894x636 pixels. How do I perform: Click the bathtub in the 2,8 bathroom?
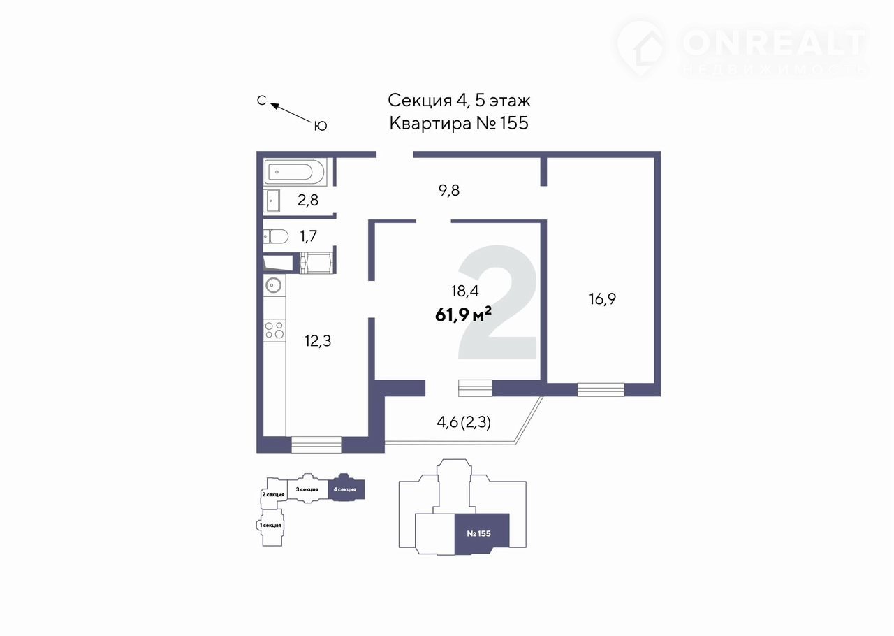pos(294,171)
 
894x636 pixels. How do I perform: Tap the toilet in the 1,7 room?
pos(276,236)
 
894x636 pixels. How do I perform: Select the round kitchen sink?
pos(274,284)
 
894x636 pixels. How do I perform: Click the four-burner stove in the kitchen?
pos(274,329)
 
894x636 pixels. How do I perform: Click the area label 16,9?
pos(603,299)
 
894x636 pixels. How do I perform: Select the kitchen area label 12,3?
pos(318,341)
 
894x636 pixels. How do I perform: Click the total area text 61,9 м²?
pos(463,315)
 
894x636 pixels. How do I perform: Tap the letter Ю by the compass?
pos(321,126)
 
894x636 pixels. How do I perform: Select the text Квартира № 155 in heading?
pos(458,124)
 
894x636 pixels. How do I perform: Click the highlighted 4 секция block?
pos(346,489)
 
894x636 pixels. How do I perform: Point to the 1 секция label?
pos(270,525)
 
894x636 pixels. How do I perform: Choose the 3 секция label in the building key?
pos(307,489)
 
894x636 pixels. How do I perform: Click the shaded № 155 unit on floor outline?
pos(481,533)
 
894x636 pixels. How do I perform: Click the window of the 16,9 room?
pos(601,389)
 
